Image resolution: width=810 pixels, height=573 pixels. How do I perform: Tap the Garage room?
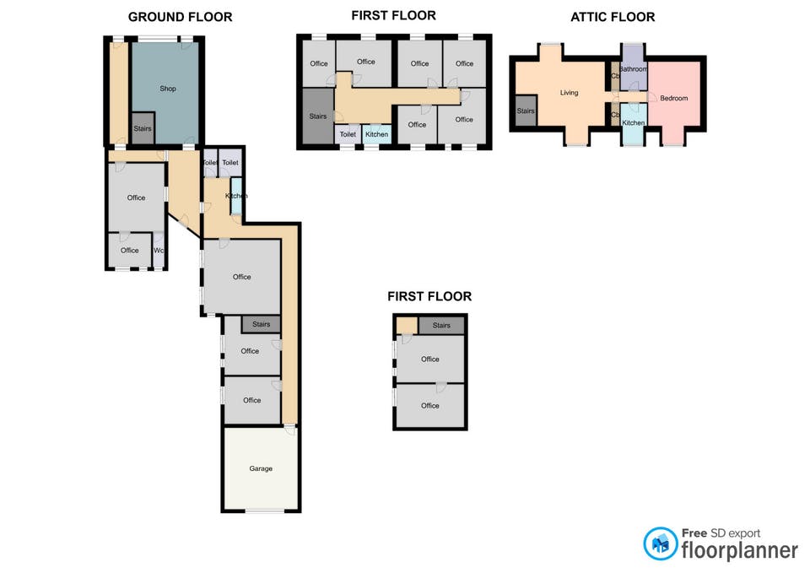(261, 468)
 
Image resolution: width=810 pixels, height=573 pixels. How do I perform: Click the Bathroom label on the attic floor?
(633, 68)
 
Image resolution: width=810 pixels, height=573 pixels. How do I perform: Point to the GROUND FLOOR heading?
(181, 17)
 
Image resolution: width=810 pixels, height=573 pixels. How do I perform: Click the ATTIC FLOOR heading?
(613, 17)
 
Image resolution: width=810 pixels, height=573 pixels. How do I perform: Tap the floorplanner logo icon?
(660, 543)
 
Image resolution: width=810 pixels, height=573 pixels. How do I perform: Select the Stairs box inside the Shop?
(143, 128)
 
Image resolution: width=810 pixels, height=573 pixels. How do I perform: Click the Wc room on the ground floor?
(159, 250)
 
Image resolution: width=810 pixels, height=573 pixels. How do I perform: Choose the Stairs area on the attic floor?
(526, 111)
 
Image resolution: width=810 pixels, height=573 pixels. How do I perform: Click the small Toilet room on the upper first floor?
(348, 134)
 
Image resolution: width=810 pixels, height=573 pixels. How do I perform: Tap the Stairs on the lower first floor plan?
(441, 325)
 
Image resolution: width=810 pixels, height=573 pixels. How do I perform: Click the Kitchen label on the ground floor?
(236, 196)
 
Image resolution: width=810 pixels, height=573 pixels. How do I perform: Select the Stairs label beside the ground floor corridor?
(261, 324)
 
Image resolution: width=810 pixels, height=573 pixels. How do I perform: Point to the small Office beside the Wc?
(130, 250)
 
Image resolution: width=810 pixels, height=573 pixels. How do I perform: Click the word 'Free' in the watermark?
(694, 532)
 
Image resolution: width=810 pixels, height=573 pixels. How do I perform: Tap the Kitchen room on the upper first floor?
(376, 134)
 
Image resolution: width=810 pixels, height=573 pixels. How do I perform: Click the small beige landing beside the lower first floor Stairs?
(407, 326)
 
